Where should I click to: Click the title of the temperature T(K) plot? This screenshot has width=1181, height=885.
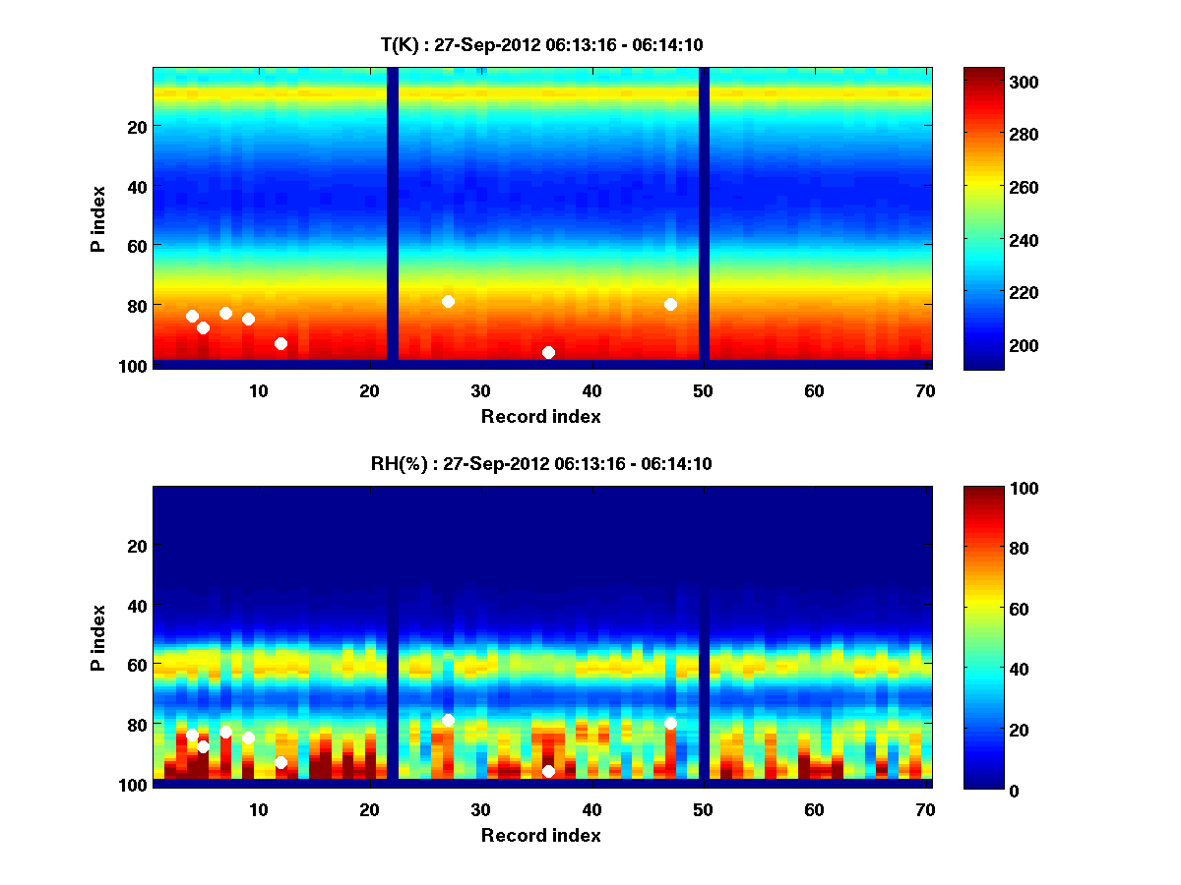click(x=541, y=44)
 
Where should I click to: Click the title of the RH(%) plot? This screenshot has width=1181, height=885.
click(x=541, y=464)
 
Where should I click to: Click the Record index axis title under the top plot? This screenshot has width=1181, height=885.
click(x=541, y=416)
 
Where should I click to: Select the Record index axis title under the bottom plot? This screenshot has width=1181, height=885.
click(x=541, y=835)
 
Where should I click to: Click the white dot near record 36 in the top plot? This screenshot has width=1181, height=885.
click(x=548, y=352)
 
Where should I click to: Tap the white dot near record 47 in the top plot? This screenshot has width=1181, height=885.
click(x=670, y=304)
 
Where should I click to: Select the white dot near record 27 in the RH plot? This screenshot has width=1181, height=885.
click(x=448, y=720)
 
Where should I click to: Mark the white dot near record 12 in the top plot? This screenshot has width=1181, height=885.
click(x=280, y=343)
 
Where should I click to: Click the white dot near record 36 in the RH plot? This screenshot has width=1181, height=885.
click(x=548, y=771)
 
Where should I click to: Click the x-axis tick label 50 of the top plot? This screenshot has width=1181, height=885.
click(x=704, y=390)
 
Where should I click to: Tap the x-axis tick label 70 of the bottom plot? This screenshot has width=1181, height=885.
click(x=926, y=809)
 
